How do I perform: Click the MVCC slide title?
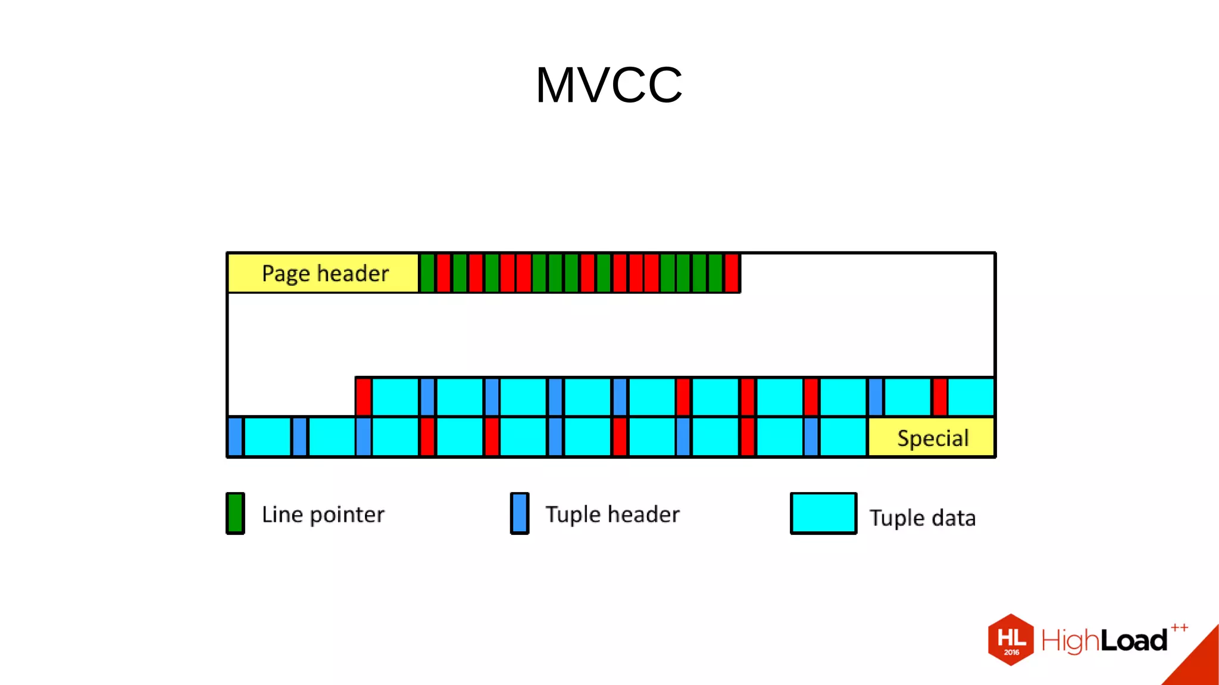(609, 85)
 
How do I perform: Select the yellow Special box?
(932, 438)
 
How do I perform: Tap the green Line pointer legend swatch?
(235, 513)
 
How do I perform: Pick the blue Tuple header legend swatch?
(520, 513)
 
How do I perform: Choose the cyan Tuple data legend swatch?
(823, 513)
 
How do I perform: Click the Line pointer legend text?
(323, 515)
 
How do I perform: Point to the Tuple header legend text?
(612, 515)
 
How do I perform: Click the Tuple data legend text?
(922, 518)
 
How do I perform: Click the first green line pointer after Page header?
(427, 273)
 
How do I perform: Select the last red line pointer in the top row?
(732, 273)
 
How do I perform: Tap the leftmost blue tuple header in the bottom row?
(235, 437)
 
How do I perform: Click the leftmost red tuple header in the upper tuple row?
(363, 397)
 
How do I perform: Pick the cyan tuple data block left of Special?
(843, 437)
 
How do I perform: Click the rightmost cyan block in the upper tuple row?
(971, 397)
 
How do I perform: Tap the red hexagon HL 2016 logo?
(1011, 640)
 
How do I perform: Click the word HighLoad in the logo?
(1104, 641)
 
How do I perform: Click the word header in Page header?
(353, 273)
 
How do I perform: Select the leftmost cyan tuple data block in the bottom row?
(268, 437)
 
